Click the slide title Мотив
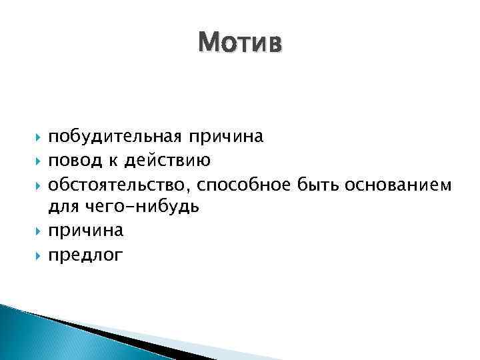click(x=240, y=43)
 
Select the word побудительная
click(x=113, y=137)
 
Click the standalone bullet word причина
click(x=86, y=231)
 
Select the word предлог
click(x=86, y=255)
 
